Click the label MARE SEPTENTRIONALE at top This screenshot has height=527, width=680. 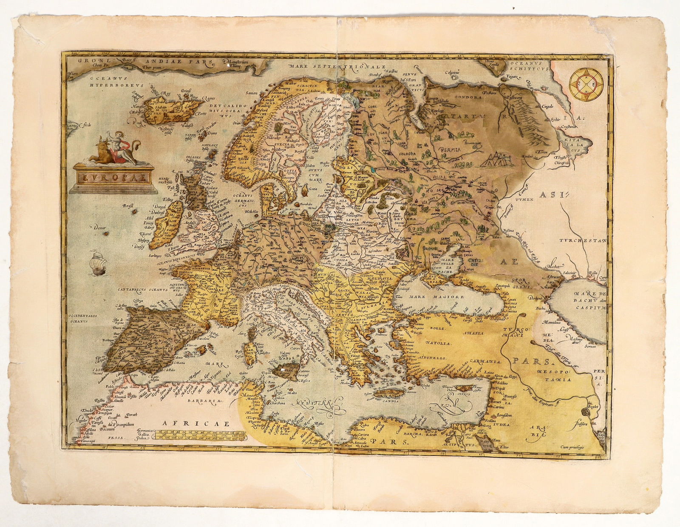pos(336,67)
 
